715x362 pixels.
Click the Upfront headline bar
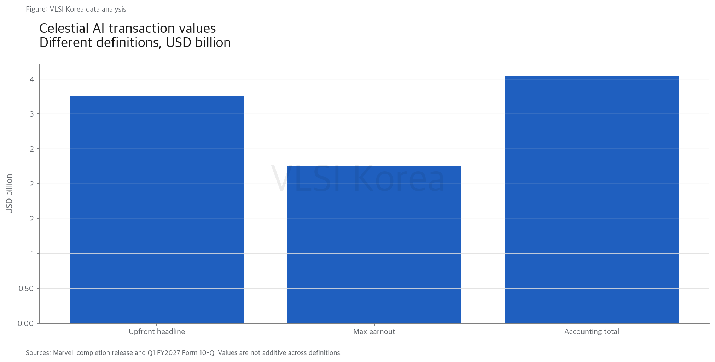(157, 210)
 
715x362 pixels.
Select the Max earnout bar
(374, 245)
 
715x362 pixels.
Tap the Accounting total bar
(592, 200)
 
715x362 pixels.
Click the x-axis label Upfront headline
(157, 332)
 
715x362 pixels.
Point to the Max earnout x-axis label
(374, 332)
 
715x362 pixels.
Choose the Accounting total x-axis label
(592, 332)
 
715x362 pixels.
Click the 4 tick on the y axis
(32, 79)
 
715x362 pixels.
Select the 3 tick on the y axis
(32, 114)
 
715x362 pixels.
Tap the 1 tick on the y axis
(33, 254)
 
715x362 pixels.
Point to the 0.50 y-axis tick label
(26, 289)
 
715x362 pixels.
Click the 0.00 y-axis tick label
(26, 324)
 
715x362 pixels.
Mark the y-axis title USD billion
(10, 194)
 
